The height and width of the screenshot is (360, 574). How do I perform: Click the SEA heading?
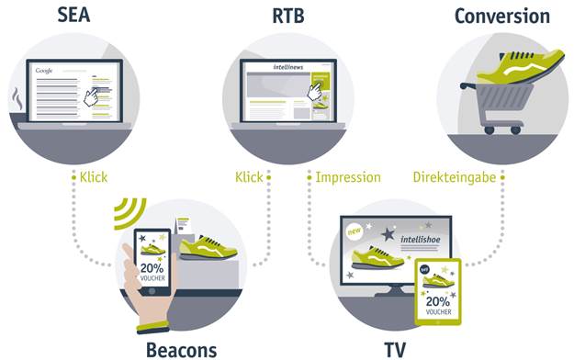pyautogui.click(x=80, y=16)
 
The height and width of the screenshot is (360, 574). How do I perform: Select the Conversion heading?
pyautogui.click(x=501, y=16)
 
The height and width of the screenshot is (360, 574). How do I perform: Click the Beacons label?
pyautogui.click(x=181, y=349)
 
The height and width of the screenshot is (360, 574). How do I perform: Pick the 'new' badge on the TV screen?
pyautogui.click(x=355, y=234)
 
